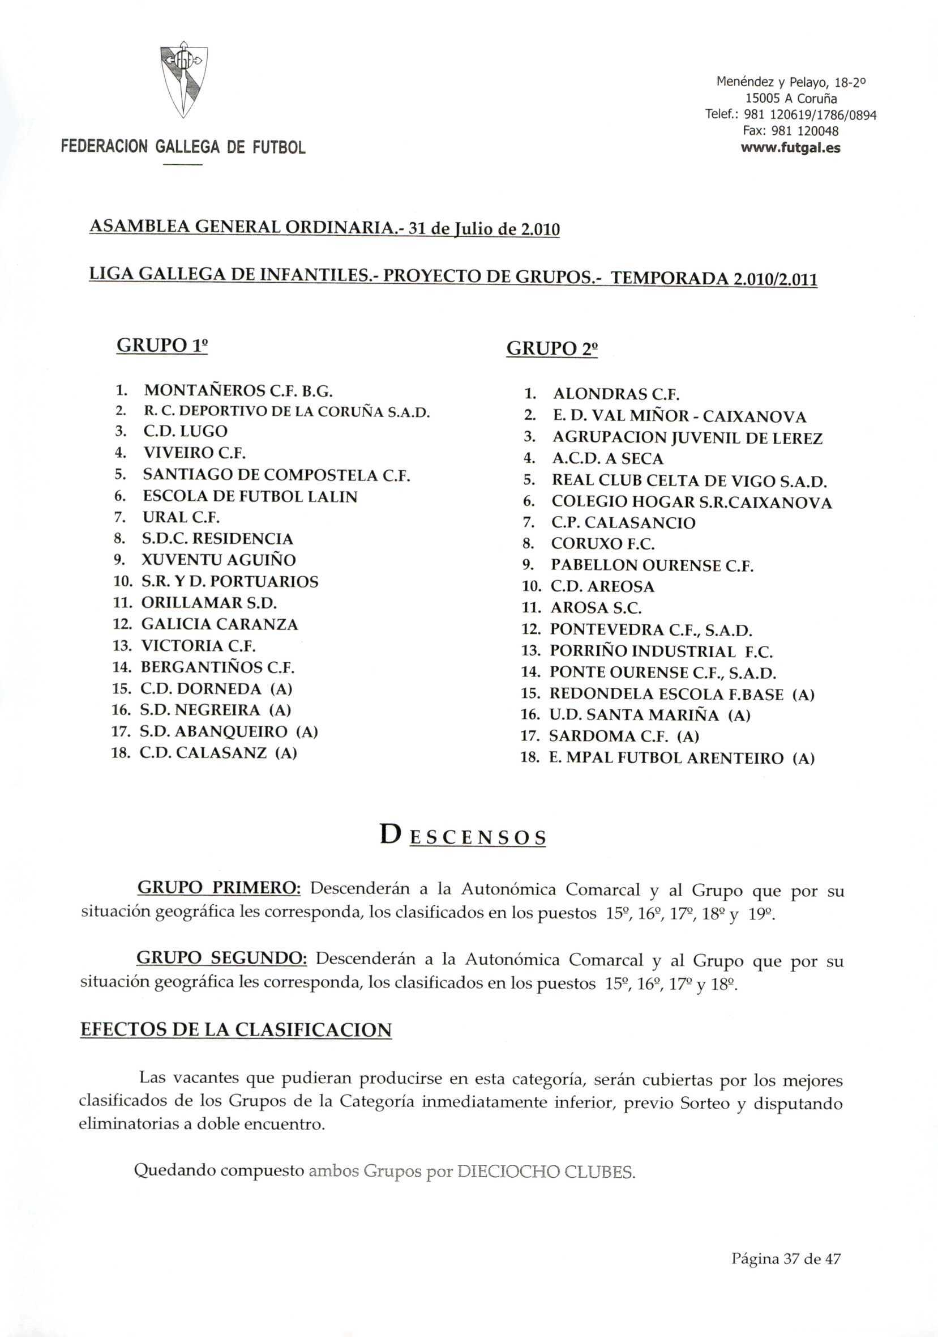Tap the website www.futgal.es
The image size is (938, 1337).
[790, 148]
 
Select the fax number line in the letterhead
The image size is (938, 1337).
[790, 131]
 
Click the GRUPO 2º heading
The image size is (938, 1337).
[551, 349]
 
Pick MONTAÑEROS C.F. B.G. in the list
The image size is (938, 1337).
[238, 390]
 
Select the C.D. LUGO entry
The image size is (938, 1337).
[185, 432]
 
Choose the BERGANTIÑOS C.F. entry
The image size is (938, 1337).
[217, 667]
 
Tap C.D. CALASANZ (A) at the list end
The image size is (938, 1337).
[219, 753]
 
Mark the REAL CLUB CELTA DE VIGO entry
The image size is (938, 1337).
[689, 481]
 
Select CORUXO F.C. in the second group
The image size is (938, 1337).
[603, 544]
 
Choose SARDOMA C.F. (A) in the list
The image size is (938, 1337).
[624, 736]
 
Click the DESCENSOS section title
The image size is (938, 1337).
[463, 837]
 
